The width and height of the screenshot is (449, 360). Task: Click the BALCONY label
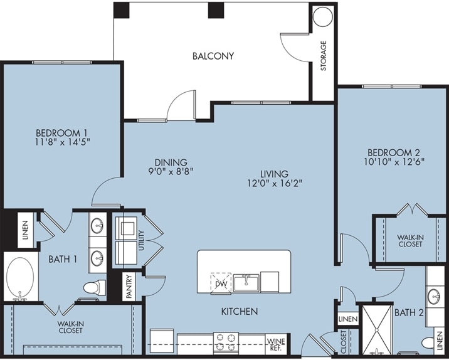(213, 56)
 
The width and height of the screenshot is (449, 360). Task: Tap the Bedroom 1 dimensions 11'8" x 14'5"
(63, 142)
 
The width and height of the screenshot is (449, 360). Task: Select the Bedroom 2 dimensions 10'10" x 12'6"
(394, 162)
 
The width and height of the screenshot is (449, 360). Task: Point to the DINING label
(171, 162)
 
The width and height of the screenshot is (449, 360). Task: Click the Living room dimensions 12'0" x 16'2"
(275, 183)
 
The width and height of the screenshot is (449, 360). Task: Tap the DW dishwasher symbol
(221, 283)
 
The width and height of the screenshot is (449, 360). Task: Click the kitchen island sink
(246, 283)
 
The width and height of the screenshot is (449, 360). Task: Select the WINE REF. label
(276, 345)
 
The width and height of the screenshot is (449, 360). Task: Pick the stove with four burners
(226, 342)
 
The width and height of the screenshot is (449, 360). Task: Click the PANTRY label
(129, 287)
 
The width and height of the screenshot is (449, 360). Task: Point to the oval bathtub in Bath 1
(20, 277)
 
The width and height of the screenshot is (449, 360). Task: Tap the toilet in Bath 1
(95, 287)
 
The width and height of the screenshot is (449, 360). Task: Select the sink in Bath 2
(433, 297)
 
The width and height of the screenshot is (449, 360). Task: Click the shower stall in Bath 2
(377, 330)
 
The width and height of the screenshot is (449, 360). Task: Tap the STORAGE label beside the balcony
(324, 56)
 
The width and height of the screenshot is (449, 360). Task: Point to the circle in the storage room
(323, 17)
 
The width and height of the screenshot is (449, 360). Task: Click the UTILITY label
(141, 241)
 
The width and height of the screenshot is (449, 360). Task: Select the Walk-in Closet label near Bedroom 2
(410, 241)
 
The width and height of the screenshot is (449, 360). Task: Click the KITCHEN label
(240, 311)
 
